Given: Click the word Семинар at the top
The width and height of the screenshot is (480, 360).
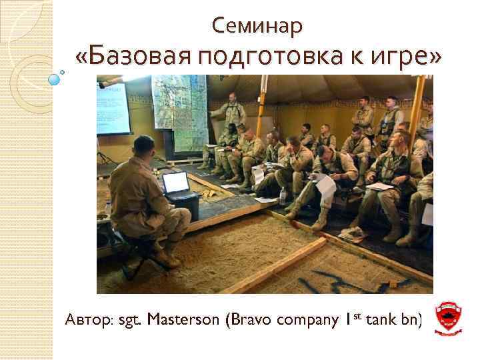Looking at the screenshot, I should coord(257,25).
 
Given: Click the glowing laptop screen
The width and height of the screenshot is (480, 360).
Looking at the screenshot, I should coord(177,182).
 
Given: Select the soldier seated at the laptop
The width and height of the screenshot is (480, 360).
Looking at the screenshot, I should coord(143,200).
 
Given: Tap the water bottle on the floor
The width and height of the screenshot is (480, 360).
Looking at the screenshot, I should coord(283,195).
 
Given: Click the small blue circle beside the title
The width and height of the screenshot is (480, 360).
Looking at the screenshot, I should coord(55,79).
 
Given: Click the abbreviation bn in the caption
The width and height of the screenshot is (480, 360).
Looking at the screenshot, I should coord(410,320).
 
